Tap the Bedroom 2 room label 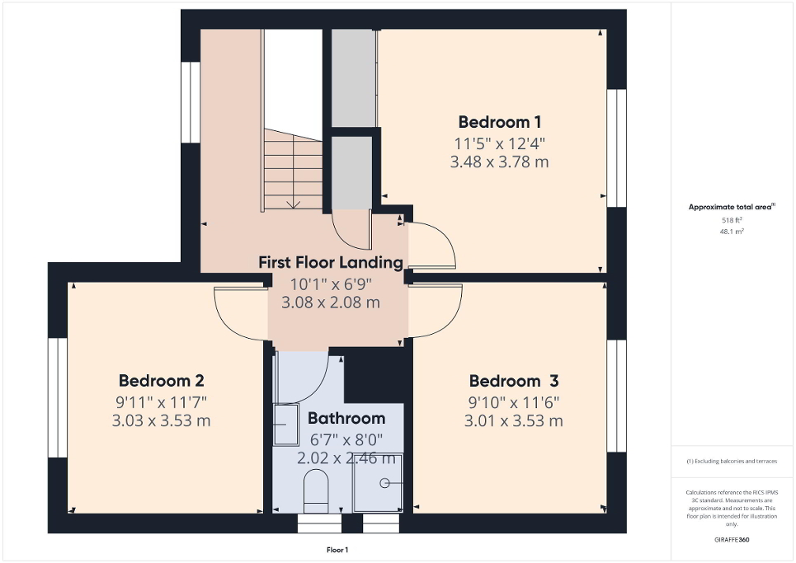(x=162, y=381)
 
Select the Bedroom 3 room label (x=514, y=381)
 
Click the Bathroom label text (x=346, y=418)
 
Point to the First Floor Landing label (x=331, y=262)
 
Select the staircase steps (x=293, y=173)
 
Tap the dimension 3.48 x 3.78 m (x=499, y=162)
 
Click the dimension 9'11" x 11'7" (x=162, y=402)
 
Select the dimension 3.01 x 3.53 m (x=514, y=421)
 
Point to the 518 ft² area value (x=732, y=221)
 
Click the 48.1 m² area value (x=732, y=232)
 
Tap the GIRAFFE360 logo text (x=732, y=540)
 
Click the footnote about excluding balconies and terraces (x=732, y=461)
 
